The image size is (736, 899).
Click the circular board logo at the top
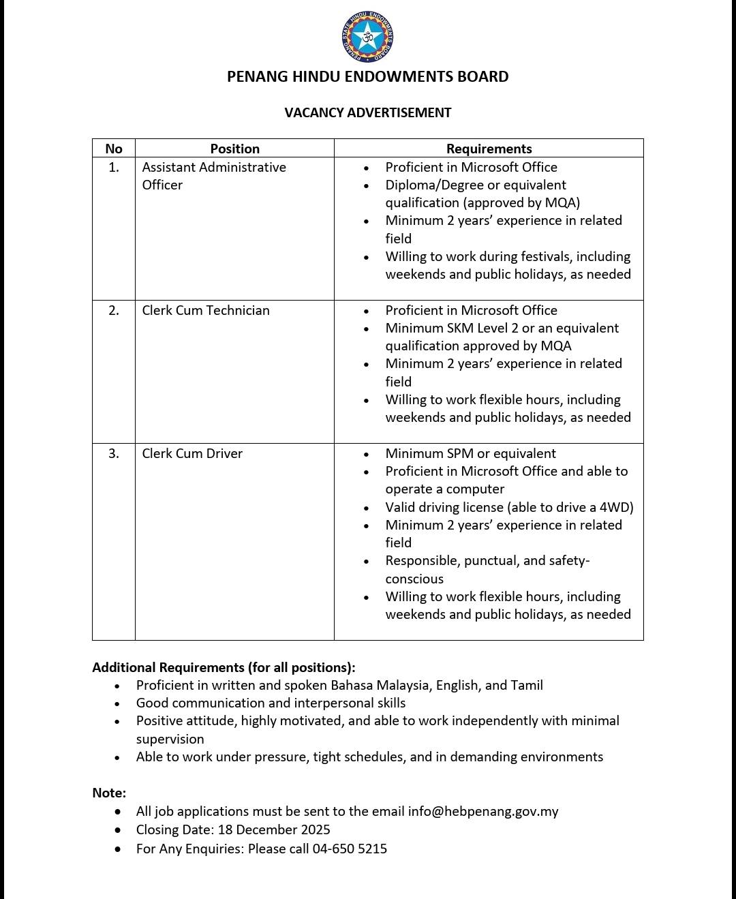368,36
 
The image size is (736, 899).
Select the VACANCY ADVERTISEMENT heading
368,112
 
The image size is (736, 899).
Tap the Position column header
234,149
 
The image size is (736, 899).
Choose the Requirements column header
489,149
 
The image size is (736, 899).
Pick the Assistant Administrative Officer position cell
213,176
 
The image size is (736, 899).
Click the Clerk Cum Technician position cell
206,310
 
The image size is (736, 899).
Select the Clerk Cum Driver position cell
192,453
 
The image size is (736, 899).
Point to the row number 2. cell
114,310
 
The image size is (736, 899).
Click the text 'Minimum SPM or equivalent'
470,453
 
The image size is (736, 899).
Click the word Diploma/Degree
431,185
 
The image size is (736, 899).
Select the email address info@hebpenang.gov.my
483,811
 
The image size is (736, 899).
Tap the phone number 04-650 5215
350,849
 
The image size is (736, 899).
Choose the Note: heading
109,793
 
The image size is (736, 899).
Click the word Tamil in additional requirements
526,685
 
